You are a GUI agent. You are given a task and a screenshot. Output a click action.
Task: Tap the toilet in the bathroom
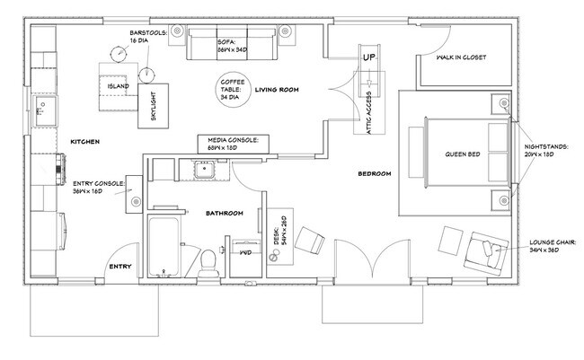208,263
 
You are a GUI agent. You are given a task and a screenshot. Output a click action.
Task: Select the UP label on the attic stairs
369,57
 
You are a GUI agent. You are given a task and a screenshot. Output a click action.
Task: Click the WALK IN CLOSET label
461,57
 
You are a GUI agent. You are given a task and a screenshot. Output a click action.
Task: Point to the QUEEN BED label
463,154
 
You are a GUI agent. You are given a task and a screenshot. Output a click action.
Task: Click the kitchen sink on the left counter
46,111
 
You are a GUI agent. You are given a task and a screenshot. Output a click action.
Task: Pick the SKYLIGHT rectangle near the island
153,106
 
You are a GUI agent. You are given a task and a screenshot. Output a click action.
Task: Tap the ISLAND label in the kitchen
118,86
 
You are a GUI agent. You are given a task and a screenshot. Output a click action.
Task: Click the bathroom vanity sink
204,170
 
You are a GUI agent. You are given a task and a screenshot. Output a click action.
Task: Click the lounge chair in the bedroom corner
486,253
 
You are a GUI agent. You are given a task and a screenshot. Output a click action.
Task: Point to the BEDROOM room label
375,173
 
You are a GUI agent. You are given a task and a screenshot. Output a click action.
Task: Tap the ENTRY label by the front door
119,267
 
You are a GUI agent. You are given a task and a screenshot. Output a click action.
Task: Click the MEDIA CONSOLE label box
234,144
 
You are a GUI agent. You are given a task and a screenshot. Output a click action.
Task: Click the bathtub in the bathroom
164,247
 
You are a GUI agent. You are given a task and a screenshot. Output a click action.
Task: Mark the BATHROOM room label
225,214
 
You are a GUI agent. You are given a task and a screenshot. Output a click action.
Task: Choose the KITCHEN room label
85,142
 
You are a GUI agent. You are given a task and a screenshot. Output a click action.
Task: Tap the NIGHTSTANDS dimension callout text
546,151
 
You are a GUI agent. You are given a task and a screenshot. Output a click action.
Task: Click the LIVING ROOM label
277,90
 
